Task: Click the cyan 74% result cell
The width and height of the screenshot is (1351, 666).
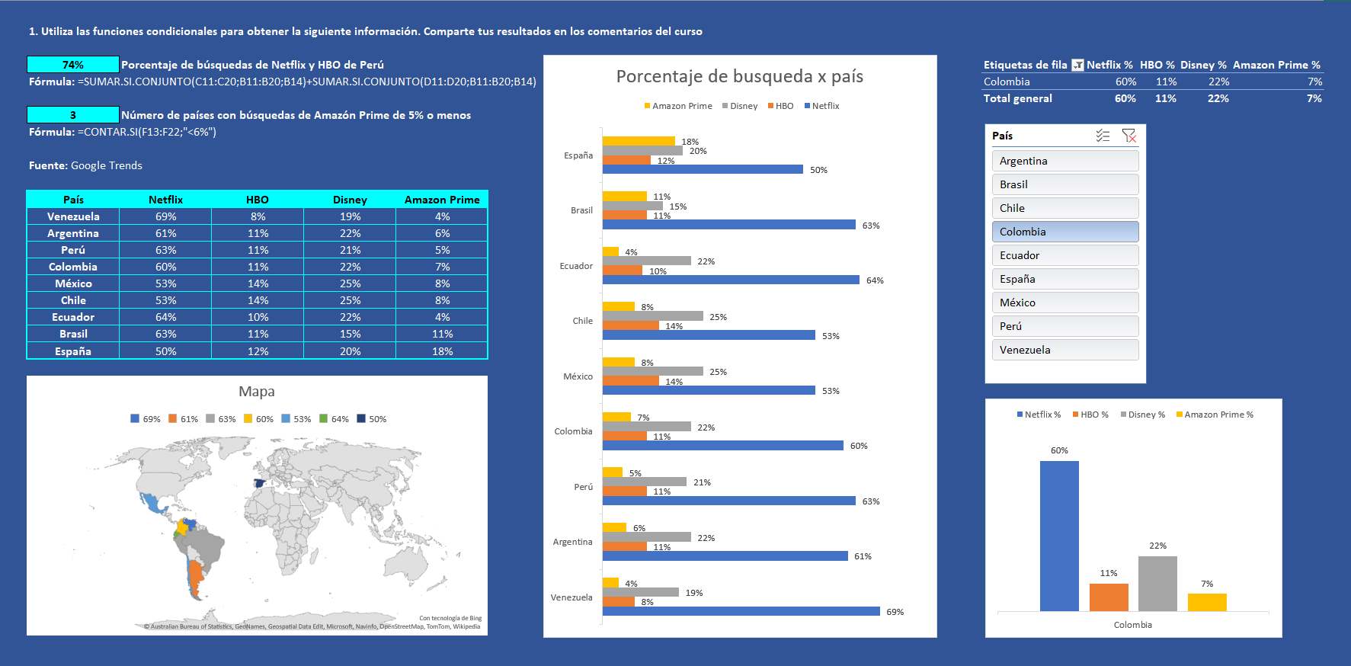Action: pyautogui.click(x=72, y=65)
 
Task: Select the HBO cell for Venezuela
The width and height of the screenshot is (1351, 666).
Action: pyautogui.click(x=258, y=216)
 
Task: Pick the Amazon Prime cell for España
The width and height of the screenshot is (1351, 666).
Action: pyautogui.click(x=442, y=351)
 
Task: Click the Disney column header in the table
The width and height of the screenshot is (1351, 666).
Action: pyautogui.click(x=350, y=200)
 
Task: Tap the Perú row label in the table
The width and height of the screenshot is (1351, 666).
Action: pyautogui.click(x=73, y=250)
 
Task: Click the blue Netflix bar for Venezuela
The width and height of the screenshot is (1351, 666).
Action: pyautogui.click(x=741, y=611)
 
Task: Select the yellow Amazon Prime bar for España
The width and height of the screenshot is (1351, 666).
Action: pyautogui.click(x=639, y=141)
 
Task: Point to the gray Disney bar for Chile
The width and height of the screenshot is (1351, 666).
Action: pyautogui.click(x=652, y=315)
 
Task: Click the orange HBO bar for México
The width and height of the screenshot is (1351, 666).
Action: pyautogui.click(x=630, y=381)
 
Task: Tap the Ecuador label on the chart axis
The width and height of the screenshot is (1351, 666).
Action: pyautogui.click(x=576, y=266)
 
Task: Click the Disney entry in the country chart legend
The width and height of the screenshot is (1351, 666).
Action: pyautogui.click(x=740, y=106)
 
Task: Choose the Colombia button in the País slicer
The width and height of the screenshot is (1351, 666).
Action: pyautogui.click(x=1064, y=232)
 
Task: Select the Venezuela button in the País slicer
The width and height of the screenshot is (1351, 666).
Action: pyautogui.click(x=1064, y=350)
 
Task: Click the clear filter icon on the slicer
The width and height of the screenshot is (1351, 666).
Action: pyautogui.click(x=1129, y=136)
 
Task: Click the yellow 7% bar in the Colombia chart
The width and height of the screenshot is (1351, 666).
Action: pyautogui.click(x=1207, y=602)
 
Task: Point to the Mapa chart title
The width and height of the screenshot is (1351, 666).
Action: pyautogui.click(x=257, y=392)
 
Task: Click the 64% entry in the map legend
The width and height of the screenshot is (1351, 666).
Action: pyautogui.click(x=335, y=419)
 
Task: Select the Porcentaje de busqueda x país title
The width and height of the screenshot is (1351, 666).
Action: pyautogui.click(x=739, y=76)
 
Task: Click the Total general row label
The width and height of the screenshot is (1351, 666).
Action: pyautogui.click(x=1017, y=98)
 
